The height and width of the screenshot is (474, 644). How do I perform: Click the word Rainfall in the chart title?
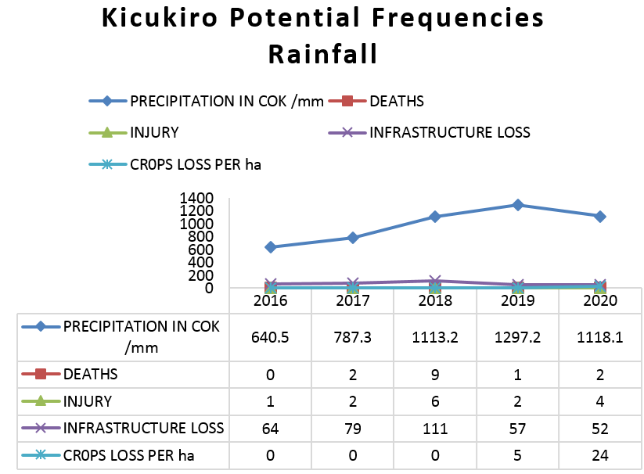click(322, 54)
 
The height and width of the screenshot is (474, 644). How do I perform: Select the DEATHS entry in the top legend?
click(396, 100)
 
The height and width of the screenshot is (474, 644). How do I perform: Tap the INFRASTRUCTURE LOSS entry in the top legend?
click(449, 131)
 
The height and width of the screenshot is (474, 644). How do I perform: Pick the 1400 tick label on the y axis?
click(196, 199)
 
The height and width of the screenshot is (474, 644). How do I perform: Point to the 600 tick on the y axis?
click(201, 250)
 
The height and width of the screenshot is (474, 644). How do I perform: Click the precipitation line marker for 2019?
click(517, 205)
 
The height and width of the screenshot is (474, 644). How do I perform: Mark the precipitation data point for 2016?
click(270, 247)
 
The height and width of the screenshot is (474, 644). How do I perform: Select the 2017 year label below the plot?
click(352, 301)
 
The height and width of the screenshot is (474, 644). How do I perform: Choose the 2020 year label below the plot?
click(600, 301)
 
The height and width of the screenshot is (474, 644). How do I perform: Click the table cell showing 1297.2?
click(517, 337)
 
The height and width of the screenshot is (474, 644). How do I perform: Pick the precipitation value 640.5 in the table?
click(270, 337)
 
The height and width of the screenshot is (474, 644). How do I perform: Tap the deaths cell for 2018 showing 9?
click(435, 375)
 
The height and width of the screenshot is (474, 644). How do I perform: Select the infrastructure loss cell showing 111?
click(435, 428)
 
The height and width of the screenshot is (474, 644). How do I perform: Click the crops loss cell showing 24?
click(600, 454)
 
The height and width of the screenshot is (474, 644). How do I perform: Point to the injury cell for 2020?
click(600, 401)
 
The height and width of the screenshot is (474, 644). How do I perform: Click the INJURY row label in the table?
click(87, 401)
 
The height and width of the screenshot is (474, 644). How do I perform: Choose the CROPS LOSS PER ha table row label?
click(130, 454)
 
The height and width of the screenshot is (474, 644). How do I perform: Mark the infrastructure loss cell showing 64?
click(270, 428)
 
